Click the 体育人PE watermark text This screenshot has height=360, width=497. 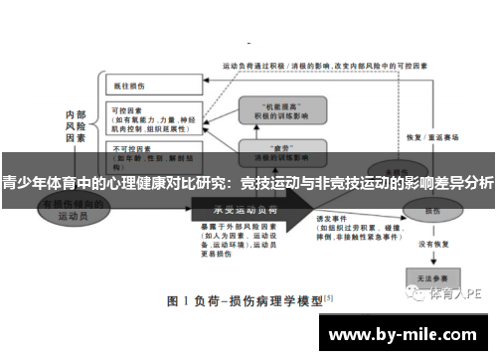(x=457, y=294)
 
